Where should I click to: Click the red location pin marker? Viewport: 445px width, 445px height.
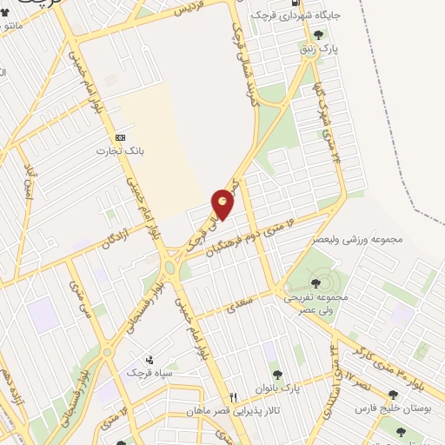223,203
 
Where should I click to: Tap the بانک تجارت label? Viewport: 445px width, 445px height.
120,150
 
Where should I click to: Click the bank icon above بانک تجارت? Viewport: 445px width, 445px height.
120,137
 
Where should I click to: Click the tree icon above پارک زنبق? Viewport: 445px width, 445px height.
319,36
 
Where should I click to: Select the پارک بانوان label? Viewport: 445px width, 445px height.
276,386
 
